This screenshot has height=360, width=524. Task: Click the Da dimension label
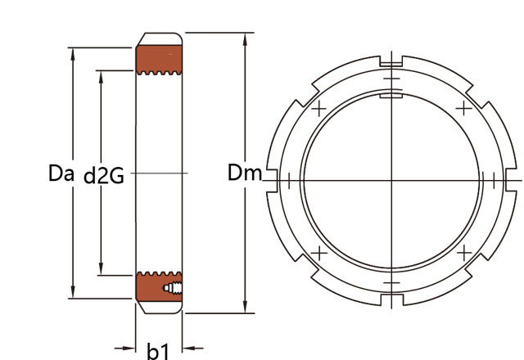(x=61, y=173)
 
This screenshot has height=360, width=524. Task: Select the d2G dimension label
(x=104, y=176)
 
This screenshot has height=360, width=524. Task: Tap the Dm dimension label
(x=245, y=173)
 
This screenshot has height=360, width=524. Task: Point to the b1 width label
(x=158, y=351)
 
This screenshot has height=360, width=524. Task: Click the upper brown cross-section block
(x=159, y=60)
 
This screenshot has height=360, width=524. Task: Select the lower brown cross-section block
(x=159, y=286)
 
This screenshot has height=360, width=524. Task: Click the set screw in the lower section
(x=173, y=288)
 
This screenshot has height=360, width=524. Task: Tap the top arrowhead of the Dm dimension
(x=246, y=39)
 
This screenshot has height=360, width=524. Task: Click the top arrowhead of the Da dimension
(x=73, y=54)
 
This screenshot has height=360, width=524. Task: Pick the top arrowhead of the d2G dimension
(x=101, y=77)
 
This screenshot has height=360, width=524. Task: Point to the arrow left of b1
(x=124, y=349)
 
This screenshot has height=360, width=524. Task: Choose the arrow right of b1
(x=193, y=349)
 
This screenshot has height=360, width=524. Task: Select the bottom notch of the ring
(x=392, y=299)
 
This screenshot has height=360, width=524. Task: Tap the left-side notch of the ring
(x=272, y=181)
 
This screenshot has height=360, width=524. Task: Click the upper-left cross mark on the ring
(x=319, y=109)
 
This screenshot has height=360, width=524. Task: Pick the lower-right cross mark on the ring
(x=464, y=253)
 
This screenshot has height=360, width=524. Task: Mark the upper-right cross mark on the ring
(x=464, y=108)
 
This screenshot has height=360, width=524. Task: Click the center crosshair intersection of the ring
(x=391, y=181)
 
